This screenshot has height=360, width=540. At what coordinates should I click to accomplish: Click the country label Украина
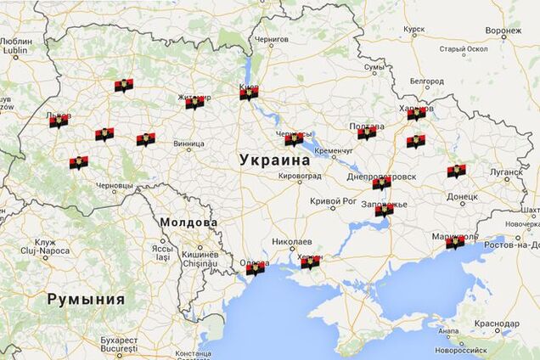[x=274, y=159]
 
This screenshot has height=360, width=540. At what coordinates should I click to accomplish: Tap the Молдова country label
[x=187, y=222]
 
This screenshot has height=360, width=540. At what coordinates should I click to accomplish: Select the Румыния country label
[x=86, y=299]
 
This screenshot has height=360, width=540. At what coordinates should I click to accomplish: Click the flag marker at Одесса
[x=255, y=268]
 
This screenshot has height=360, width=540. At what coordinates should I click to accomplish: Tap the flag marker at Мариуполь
[x=455, y=242]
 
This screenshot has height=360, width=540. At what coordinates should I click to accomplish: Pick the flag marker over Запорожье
[x=384, y=209]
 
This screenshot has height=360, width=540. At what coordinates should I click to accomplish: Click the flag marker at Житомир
[x=194, y=102]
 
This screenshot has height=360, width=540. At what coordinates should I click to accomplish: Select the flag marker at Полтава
[x=367, y=132]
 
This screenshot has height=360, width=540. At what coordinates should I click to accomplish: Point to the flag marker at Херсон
[x=311, y=262]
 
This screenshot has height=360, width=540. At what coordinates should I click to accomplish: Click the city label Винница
[x=188, y=144]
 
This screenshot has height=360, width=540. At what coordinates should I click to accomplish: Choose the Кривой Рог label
[x=332, y=200]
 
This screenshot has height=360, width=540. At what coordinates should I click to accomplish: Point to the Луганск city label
[x=506, y=172]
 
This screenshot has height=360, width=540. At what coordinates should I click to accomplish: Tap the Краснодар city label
[x=498, y=323]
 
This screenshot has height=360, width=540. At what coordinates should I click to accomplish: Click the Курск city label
[x=414, y=29]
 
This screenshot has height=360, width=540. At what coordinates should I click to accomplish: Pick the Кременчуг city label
[x=333, y=150]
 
